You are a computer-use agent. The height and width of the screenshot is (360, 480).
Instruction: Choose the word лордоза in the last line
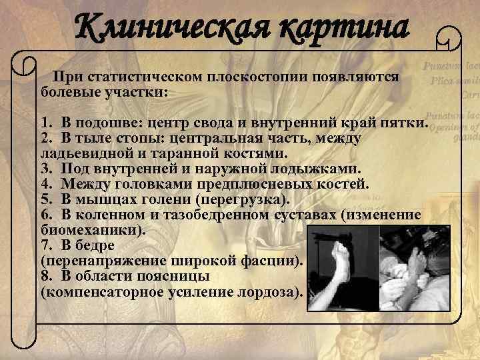270,291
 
